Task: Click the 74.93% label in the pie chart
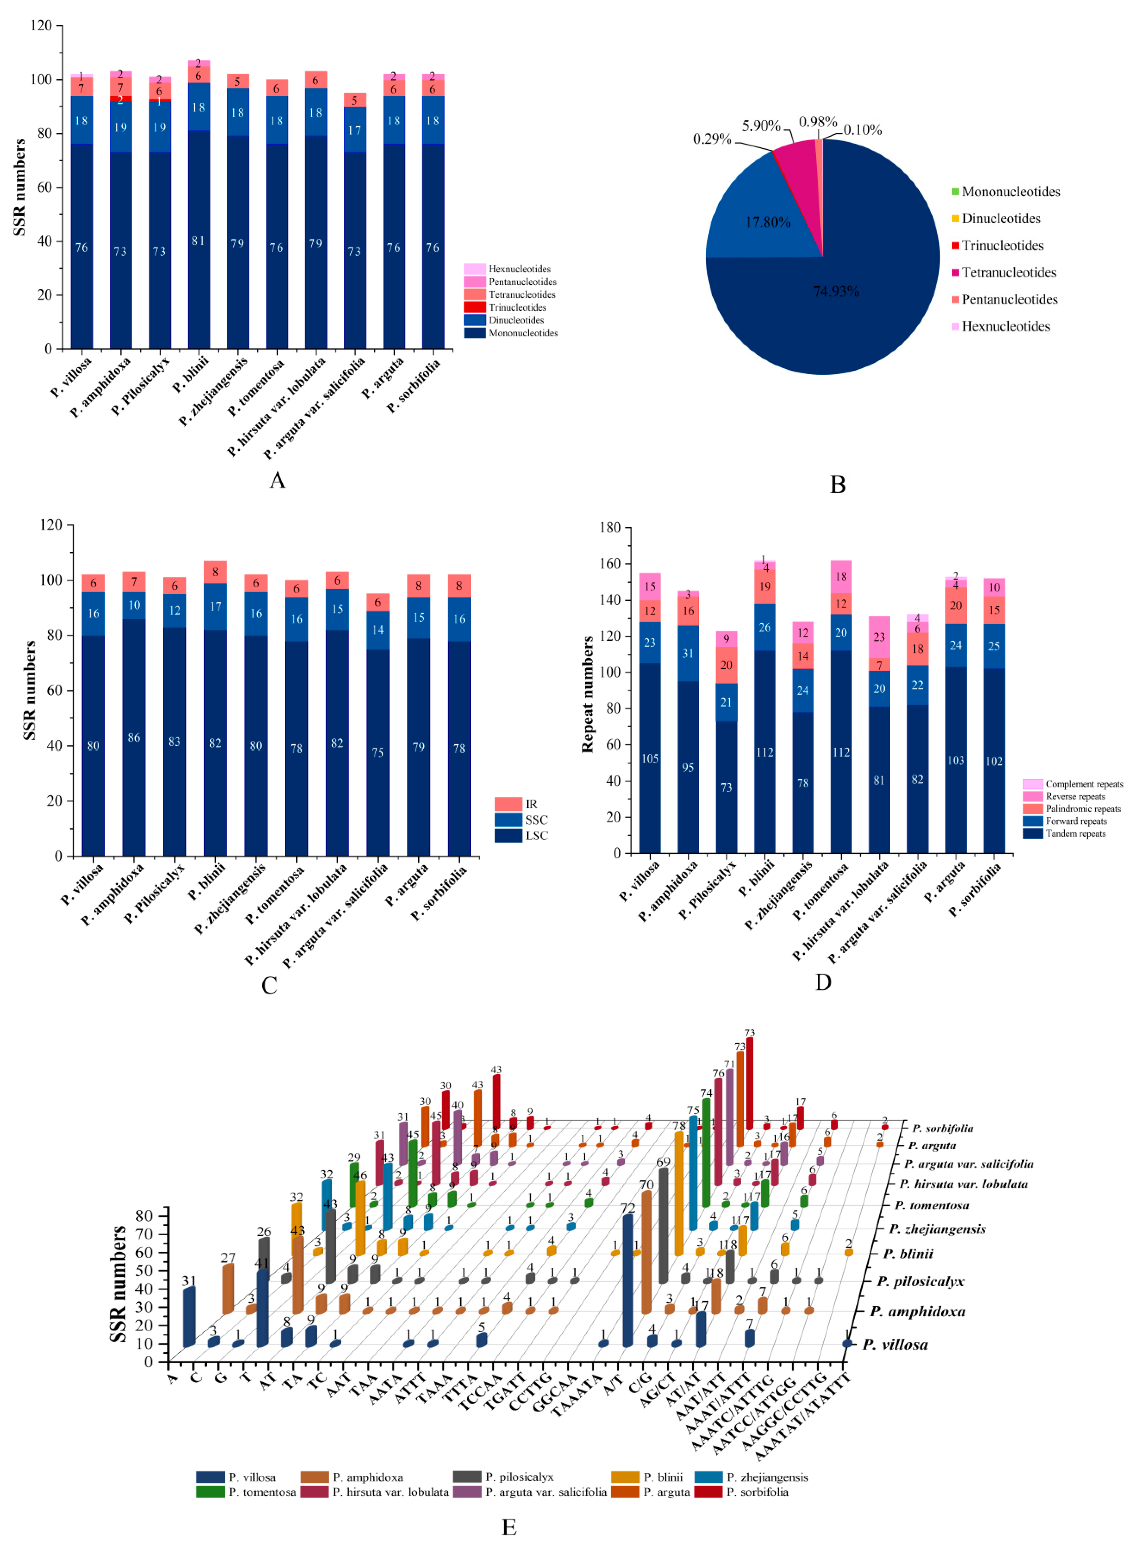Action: pos(836,292)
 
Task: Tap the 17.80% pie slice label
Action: pos(767,222)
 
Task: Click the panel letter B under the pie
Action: pos(838,485)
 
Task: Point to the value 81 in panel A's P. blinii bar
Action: pos(198,241)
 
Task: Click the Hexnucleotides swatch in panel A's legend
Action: pos(475,269)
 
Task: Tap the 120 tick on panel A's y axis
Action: pos(41,26)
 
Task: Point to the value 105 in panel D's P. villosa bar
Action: pos(650,759)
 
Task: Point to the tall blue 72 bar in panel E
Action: pos(628,1281)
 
